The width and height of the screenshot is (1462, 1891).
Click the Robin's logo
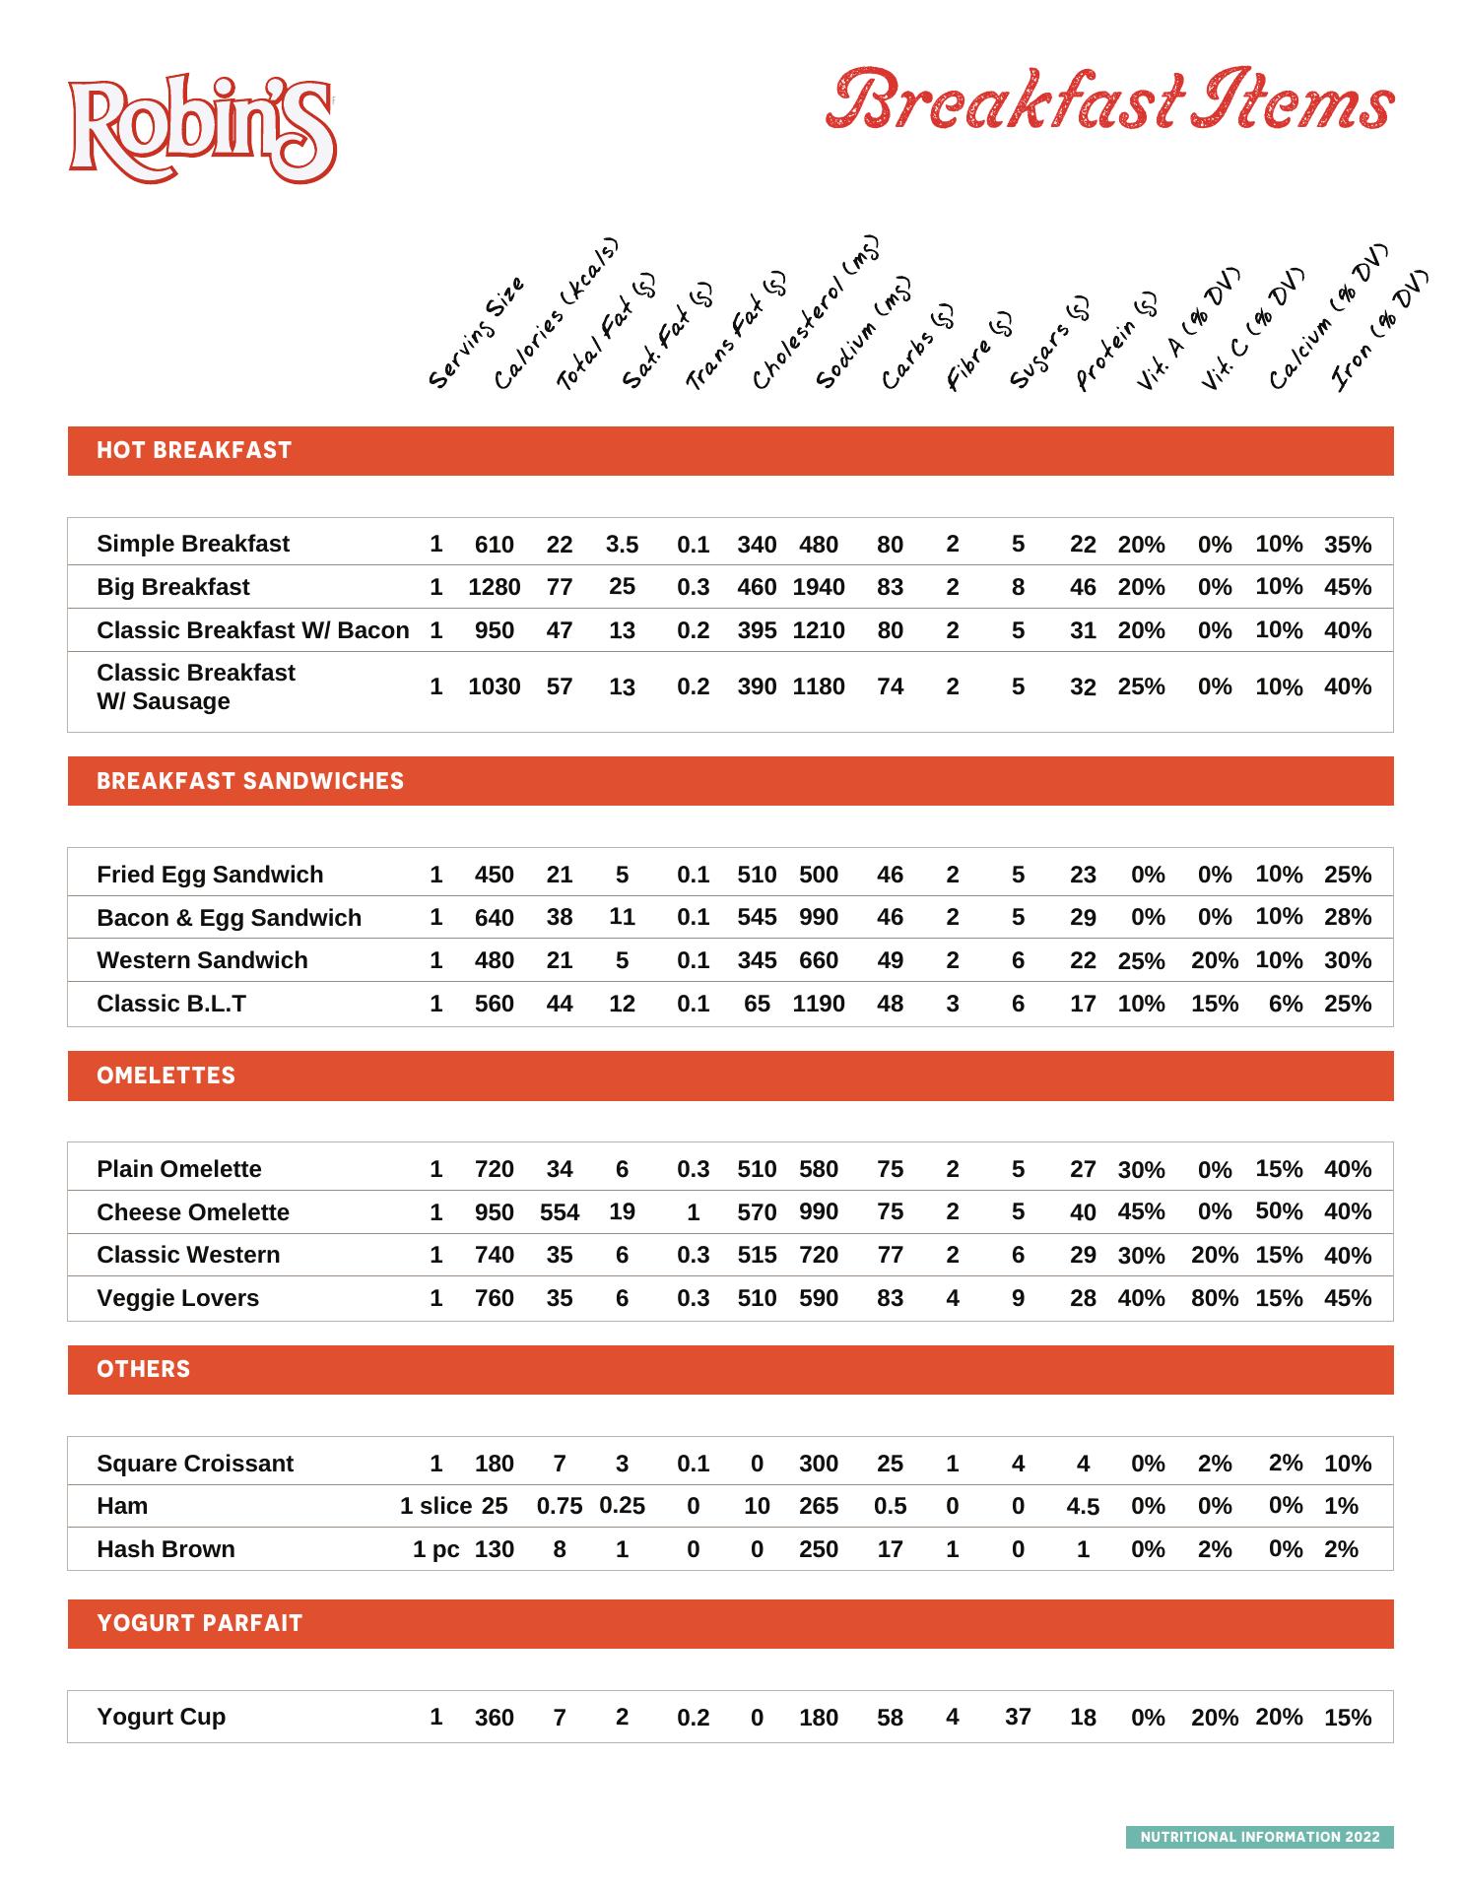(202, 129)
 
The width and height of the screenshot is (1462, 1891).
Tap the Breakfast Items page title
(1109, 100)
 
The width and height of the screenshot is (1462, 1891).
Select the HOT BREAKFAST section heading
(194, 451)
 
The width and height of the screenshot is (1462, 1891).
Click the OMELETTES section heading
(166, 1076)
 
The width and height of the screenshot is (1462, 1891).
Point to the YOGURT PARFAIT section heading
(199, 1624)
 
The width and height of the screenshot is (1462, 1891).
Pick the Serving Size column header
(477, 333)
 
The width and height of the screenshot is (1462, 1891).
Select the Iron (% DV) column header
(1378, 330)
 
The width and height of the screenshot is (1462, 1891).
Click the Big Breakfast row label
(172, 587)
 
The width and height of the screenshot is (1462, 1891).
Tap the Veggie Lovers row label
(177, 1298)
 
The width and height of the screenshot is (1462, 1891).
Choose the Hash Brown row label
(166, 1549)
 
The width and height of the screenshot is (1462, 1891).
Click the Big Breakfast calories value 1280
(494, 587)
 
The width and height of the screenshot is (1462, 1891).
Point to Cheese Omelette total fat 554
(560, 1212)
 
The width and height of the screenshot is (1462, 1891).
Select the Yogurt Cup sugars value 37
(1018, 1717)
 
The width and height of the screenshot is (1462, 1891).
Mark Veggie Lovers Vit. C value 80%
(1214, 1298)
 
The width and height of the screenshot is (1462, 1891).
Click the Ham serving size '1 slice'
(435, 1506)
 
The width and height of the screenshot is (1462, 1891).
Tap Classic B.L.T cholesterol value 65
(757, 1004)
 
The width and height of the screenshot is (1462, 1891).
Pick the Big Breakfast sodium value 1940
(818, 587)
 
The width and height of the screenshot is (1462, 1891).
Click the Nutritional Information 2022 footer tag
(1259, 1837)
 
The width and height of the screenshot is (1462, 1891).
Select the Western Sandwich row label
(202, 960)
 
